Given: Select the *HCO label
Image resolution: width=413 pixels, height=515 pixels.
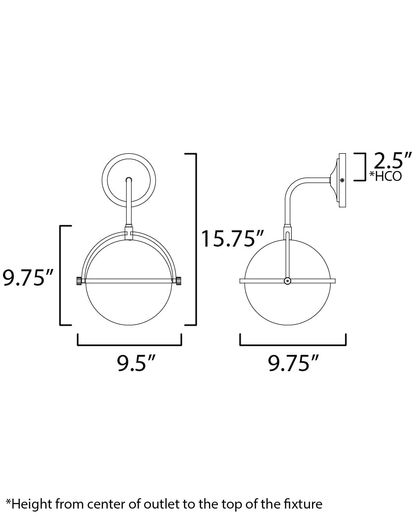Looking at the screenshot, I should point(385,176).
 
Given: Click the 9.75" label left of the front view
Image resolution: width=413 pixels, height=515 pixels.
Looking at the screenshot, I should point(28,278).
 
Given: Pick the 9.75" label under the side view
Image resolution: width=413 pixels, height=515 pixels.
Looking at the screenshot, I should point(293,364).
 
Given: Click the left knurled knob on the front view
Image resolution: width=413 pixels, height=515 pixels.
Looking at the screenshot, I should point(79,281).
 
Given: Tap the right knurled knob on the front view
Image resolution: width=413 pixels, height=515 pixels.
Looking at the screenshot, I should point(178,281).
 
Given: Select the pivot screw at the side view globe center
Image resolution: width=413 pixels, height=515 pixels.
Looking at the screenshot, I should point(287,281).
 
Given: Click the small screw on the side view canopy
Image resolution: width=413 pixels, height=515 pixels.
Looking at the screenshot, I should point(342,180).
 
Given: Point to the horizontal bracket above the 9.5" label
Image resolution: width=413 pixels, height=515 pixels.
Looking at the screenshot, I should point(130,344).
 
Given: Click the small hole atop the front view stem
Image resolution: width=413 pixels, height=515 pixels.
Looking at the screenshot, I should point(129,180).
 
